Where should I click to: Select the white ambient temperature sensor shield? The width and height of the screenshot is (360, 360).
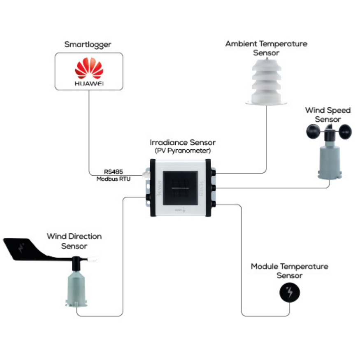click(x=266, y=81)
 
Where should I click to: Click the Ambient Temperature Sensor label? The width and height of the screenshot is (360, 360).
click(x=266, y=48)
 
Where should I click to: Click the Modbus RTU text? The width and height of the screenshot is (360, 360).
click(x=113, y=179)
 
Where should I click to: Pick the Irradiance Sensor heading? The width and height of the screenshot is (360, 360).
click(x=183, y=143)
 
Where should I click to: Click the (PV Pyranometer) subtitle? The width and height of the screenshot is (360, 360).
click(x=183, y=151)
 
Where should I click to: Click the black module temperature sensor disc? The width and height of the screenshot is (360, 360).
click(x=290, y=293)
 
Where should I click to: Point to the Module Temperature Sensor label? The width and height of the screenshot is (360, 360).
click(x=290, y=271)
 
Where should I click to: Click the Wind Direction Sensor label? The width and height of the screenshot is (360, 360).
click(x=74, y=241)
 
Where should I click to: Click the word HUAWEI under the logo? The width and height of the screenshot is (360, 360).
click(x=88, y=84)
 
